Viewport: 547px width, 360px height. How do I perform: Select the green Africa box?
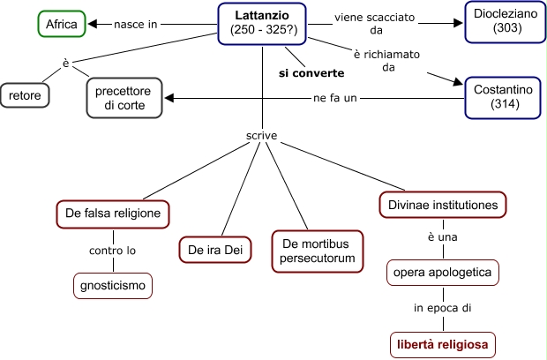coord(63,24)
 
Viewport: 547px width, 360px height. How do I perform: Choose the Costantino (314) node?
coord(502,97)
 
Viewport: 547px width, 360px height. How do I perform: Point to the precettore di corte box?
coord(125,97)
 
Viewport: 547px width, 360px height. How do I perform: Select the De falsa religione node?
coord(111,213)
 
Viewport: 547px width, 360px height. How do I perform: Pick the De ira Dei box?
coord(214,250)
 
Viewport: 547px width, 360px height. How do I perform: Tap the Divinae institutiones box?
coord(443,206)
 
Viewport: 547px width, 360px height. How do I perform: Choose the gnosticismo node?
coord(112,286)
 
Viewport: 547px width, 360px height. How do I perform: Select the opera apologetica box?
coord(443,273)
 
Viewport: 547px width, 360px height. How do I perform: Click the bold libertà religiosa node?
coord(443,342)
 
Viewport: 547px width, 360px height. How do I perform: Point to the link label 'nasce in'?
coord(135,24)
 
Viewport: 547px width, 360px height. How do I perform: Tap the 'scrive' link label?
coord(261,137)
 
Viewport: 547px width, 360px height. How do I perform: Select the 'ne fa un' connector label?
coord(335,97)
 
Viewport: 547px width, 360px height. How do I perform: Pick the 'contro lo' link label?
coord(112,251)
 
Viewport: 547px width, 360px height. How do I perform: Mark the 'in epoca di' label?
coord(443,308)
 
